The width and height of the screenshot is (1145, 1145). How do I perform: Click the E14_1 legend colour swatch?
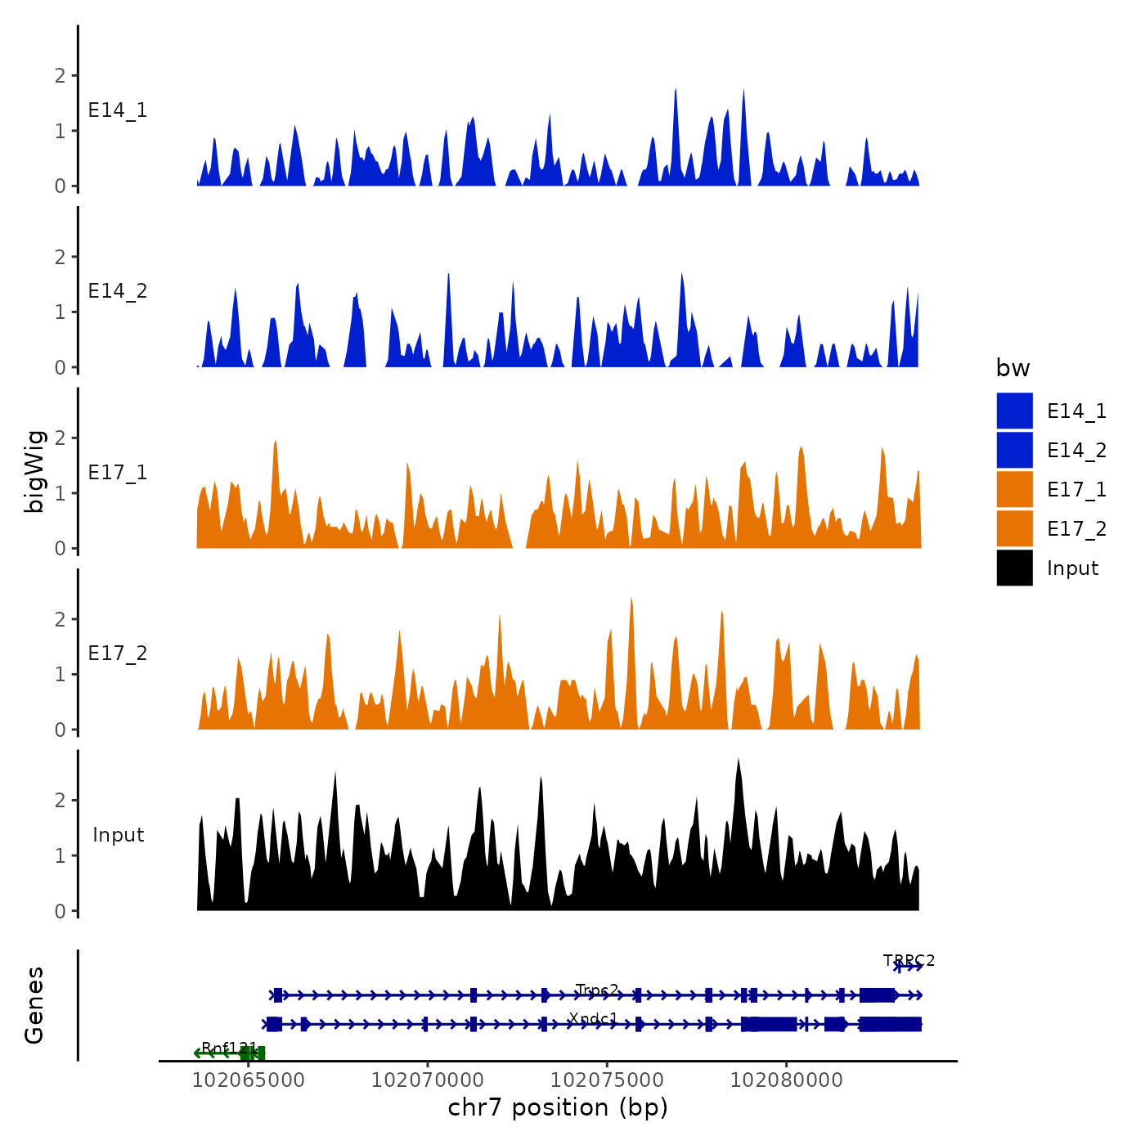click(x=1014, y=411)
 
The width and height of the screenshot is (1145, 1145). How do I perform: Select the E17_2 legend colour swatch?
click(x=1014, y=528)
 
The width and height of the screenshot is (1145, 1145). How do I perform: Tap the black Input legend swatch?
click(x=1014, y=568)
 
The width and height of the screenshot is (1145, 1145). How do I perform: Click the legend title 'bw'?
click(x=1013, y=368)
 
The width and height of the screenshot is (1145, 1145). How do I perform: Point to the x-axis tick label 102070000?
click(x=427, y=1080)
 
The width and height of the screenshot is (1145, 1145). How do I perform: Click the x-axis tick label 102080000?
click(x=786, y=1080)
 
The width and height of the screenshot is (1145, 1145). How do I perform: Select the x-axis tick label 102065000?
click(x=248, y=1080)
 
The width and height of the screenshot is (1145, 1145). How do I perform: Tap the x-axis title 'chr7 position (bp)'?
click(x=558, y=1107)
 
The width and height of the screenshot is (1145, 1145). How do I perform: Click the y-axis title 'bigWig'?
click(x=34, y=471)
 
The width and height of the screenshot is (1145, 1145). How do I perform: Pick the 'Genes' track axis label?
click(x=34, y=1005)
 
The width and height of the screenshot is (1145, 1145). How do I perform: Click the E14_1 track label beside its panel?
click(x=118, y=110)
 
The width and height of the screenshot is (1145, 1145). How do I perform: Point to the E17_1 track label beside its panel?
click(x=118, y=473)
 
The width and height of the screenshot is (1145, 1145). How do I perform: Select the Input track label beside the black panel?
click(x=118, y=835)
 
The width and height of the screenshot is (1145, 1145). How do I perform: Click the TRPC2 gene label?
click(x=909, y=960)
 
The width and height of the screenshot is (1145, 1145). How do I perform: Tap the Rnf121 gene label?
click(x=229, y=1048)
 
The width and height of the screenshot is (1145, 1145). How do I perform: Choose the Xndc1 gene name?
click(x=593, y=1018)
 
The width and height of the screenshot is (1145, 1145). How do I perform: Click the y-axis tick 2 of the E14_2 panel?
click(x=60, y=257)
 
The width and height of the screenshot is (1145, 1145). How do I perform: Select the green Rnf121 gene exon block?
click(x=254, y=1053)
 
